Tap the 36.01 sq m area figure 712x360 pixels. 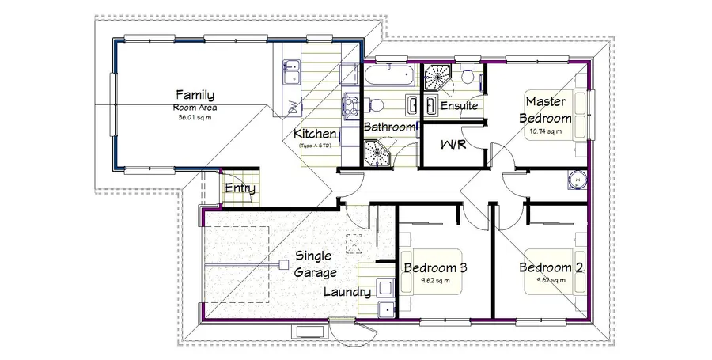[x=195, y=117]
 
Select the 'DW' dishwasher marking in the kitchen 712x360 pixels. [x=292, y=106]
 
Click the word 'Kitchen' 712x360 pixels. [x=315, y=135]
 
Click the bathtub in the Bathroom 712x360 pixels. [x=388, y=78]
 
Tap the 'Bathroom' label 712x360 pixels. [x=389, y=127]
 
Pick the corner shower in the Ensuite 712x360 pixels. [x=435, y=78]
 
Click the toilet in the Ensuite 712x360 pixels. [x=468, y=78]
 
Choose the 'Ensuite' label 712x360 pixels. [x=459, y=105]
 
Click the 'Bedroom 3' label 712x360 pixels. [x=435, y=268]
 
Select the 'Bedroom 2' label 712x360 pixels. [x=551, y=268]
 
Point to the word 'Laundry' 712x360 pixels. [x=347, y=292]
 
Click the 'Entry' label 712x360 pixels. [x=239, y=188]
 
